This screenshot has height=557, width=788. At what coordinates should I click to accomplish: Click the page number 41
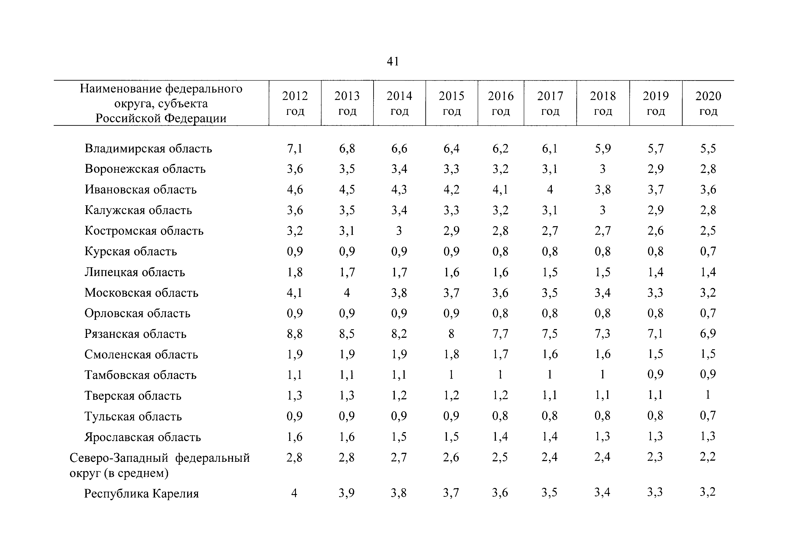(393, 61)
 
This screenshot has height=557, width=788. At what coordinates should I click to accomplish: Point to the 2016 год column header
(501, 103)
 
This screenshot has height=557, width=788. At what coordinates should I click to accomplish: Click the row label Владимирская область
(148, 148)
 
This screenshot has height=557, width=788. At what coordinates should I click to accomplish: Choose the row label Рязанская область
(135, 334)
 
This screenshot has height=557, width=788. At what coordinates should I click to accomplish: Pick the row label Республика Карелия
(141, 493)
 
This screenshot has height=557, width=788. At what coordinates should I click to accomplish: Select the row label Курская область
(131, 251)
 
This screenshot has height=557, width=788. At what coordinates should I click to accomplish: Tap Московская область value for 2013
(347, 293)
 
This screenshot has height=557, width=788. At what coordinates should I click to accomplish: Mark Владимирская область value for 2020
(708, 148)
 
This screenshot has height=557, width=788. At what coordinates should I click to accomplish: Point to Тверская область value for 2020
(708, 395)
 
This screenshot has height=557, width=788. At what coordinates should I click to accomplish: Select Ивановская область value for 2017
(550, 190)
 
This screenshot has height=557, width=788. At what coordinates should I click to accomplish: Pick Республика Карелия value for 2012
(294, 493)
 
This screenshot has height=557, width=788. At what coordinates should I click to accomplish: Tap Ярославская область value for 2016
(500, 437)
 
